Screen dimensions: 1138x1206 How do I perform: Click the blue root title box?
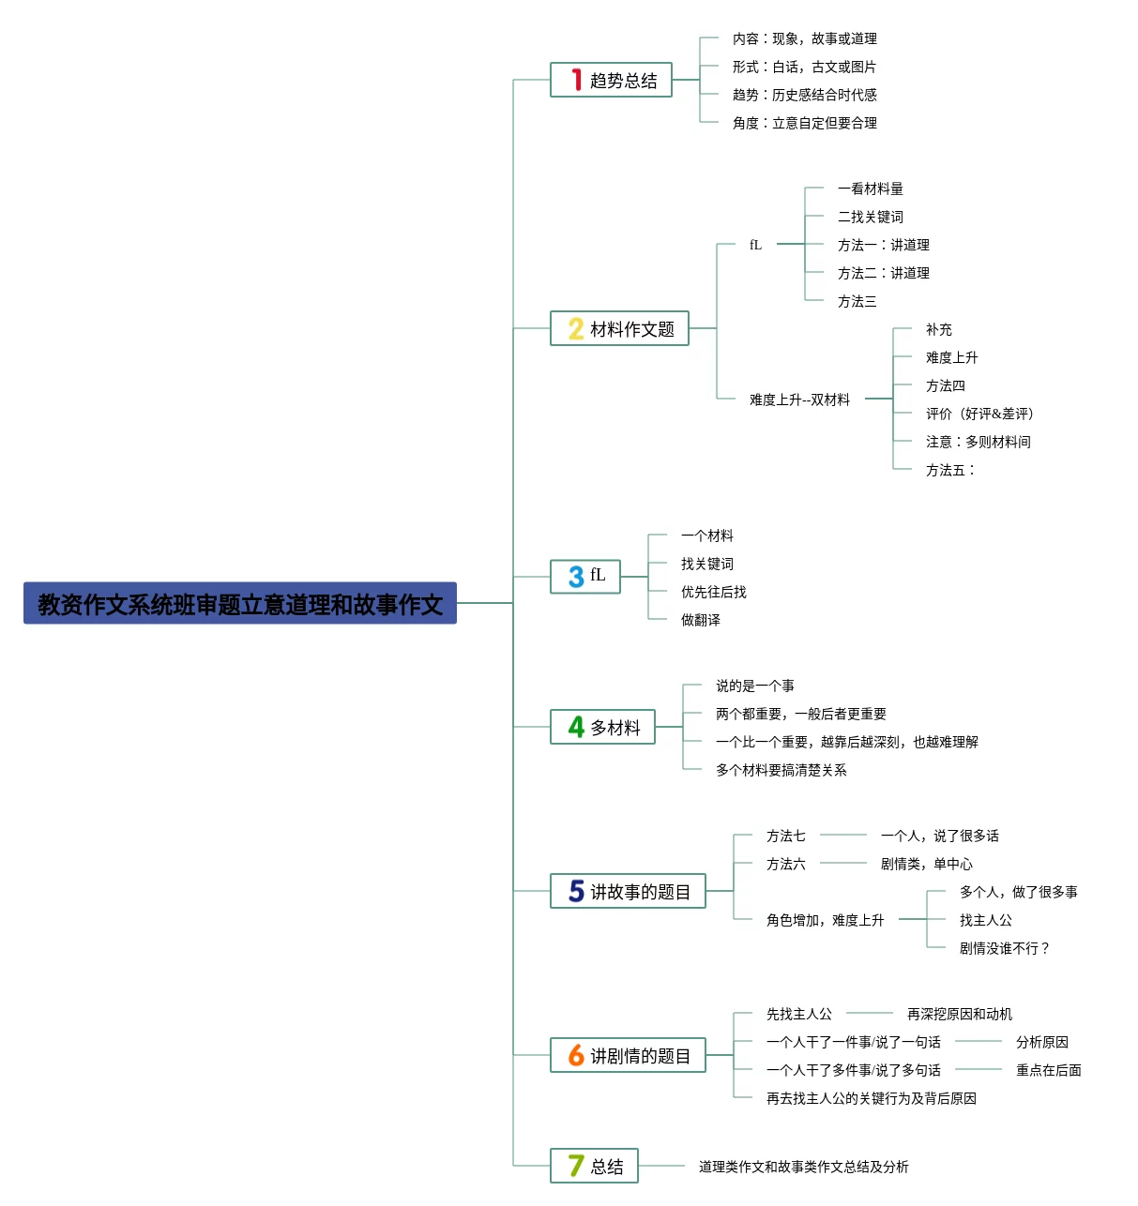tap(239, 602)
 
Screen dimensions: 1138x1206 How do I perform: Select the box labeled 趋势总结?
tap(611, 80)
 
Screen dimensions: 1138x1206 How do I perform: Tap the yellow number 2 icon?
tap(575, 328)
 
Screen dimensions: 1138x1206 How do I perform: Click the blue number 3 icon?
tap(575, 577)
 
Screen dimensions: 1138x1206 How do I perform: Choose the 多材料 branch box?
tap(602, 726)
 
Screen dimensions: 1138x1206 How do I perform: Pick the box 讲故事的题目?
tap(628, 891)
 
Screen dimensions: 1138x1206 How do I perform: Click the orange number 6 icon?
tap(575, 1055)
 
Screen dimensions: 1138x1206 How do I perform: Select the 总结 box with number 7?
tap(594, 1166)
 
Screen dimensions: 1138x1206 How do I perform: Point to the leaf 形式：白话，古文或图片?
tap(804, 67)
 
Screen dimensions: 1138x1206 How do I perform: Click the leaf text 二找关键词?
tap(870, 217)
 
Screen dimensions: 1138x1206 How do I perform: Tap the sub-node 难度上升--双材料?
tap(799, 399)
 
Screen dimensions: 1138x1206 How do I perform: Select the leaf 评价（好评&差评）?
tap(979, 414)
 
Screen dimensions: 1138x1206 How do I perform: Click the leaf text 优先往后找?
tap(713, 592)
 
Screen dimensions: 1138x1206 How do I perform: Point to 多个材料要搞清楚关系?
tap(781, 770)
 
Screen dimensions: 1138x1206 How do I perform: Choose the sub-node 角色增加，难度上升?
tap(825, 920)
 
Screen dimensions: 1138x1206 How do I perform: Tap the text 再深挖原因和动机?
tap(959, 1014)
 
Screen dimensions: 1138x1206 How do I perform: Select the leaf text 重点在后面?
tap(1048, 1070)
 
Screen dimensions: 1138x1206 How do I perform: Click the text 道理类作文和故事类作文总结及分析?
tap(803, 1167)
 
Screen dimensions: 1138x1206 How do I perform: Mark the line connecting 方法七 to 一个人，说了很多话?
tap(842, 835)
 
